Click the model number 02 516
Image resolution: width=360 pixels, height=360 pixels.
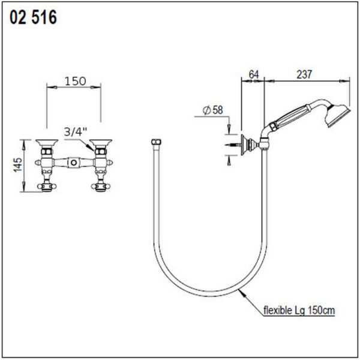coord(33,17)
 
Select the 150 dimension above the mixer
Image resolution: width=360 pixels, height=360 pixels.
coord(76,81)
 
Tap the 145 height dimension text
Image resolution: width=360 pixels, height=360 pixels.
coord(18,164)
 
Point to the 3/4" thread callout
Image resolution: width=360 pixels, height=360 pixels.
coord(76,132)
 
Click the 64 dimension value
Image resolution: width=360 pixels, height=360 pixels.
coord(254,74)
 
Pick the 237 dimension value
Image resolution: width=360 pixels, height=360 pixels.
coord(304,74)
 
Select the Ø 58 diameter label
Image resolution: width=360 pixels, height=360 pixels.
coord(213,110)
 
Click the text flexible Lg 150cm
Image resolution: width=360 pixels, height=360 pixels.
coord(299,310)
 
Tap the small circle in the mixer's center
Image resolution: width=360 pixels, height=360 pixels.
coord(73,163)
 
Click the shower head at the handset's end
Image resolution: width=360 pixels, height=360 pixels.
coord(337,115)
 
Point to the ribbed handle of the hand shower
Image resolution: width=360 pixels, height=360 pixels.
coord(292,117)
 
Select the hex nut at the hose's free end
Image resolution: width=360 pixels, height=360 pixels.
coord(157,142)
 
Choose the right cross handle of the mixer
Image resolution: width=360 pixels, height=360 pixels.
coord(101,186)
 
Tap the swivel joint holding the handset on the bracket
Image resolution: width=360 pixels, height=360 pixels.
coord(264,144)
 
